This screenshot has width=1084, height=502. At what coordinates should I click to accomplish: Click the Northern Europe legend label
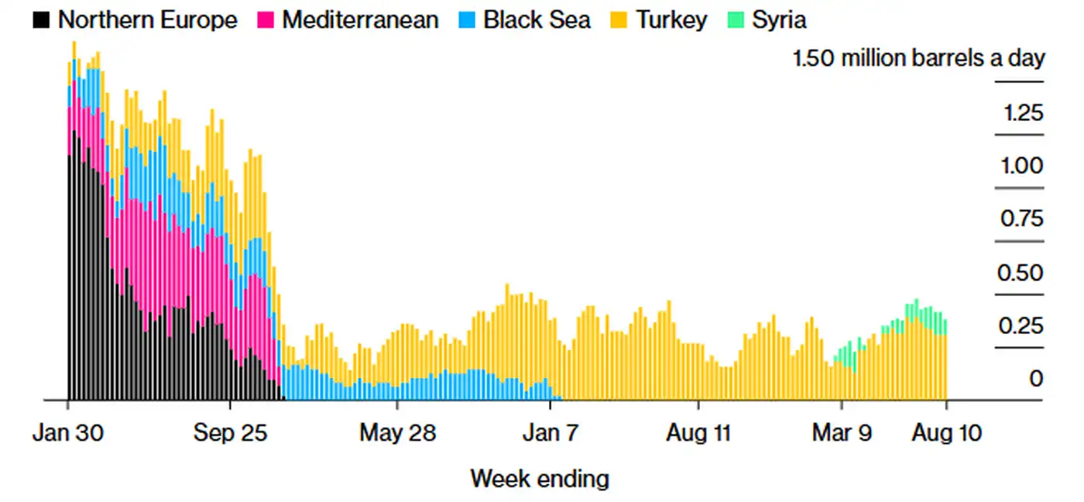(147, 19)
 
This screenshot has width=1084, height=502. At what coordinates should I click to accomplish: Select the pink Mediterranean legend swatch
(266, 20)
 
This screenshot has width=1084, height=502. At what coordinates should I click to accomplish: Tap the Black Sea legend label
(537, 19)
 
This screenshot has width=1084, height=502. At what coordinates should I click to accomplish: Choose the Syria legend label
(779, 19)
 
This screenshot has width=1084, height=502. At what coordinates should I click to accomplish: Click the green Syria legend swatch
(736, 20)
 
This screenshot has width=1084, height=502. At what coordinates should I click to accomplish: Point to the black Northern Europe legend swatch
(42, 20)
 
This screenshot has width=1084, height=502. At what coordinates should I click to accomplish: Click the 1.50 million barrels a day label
(918, 58)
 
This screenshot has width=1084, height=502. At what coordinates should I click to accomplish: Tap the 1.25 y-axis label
(1023, 113)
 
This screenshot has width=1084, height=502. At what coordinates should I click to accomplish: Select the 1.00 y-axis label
(1023, 166)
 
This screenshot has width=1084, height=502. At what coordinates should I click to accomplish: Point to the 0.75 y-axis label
(1022, 218)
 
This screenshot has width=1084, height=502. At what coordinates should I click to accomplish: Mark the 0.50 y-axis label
(1022, 273)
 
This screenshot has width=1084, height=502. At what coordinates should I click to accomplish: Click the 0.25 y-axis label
(1023, 325)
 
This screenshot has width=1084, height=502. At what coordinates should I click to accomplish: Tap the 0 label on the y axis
(1036, 379)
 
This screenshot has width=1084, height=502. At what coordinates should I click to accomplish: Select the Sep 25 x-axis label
(230, 432)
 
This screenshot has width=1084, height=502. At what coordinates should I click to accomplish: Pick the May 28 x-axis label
(397, 432)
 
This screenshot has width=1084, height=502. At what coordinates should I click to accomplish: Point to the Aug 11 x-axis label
(698, 432)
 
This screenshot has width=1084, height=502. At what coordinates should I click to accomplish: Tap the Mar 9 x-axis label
(842, 432)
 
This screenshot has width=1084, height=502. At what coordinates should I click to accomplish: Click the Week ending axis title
(540, 478)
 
